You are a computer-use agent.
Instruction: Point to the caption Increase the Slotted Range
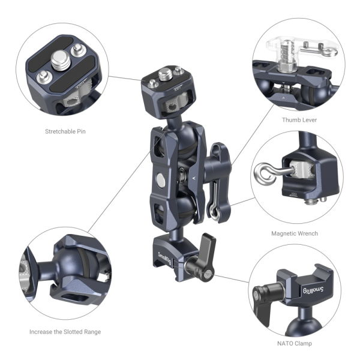pos(65,332)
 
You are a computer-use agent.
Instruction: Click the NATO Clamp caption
pos(296,344)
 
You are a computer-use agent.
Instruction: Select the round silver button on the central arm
pos(161,179)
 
